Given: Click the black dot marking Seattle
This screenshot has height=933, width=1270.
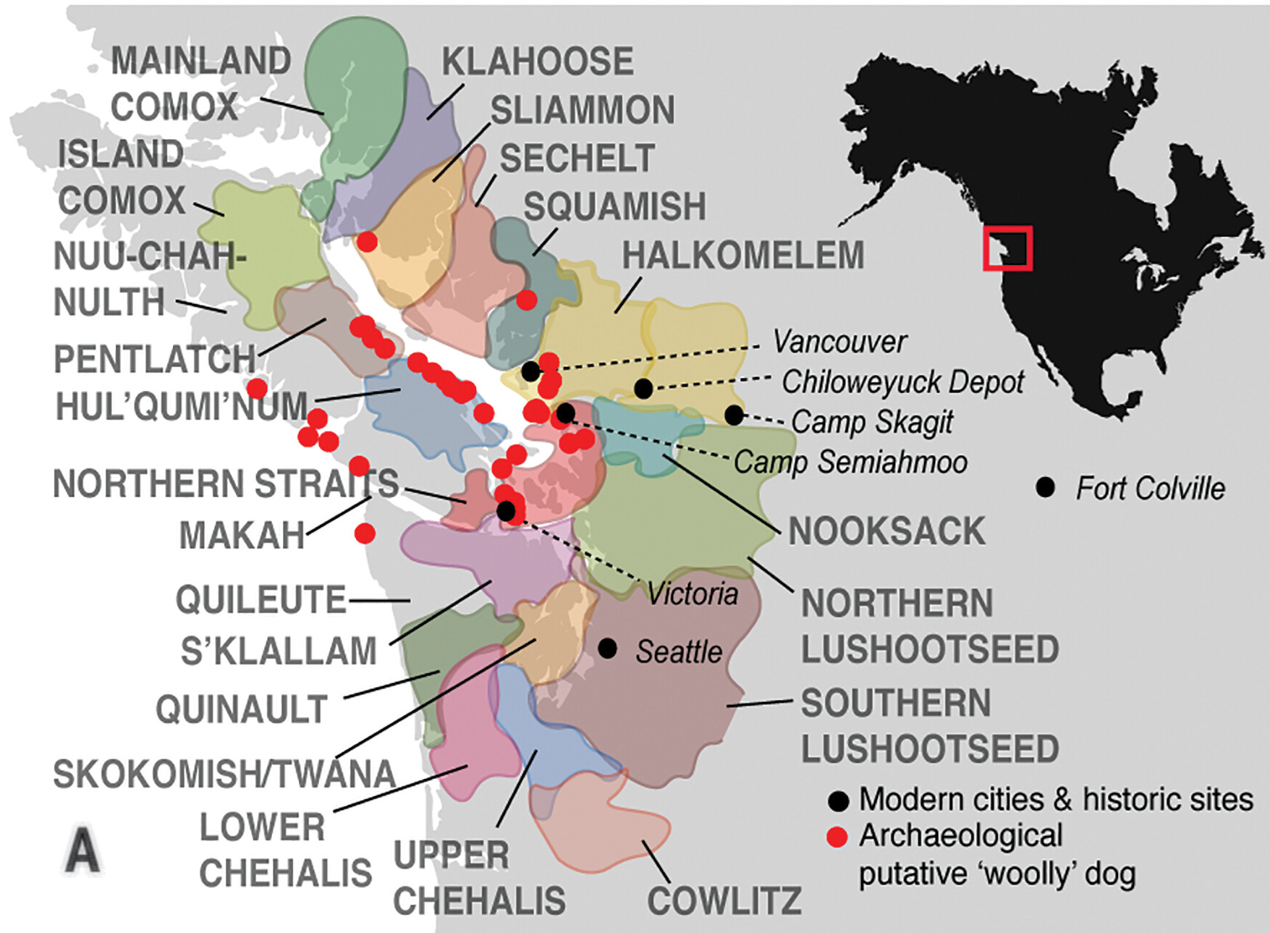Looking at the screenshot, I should coord(608,649).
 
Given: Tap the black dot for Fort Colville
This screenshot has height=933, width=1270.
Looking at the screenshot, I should coord(1045,487).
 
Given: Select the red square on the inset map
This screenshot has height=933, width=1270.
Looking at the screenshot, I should coord(1007,248).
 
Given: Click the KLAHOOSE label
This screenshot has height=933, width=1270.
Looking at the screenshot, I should coord(538,62).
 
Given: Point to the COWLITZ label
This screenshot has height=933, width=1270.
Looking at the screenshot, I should coord(724,901).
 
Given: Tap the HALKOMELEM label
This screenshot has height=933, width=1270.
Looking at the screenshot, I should coord(743,256).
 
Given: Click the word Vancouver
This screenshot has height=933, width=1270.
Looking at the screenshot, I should coord(839,342).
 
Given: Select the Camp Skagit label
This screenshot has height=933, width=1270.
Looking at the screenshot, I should coord(872,421).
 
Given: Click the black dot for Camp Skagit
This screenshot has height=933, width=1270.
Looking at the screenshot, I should coord(734,415).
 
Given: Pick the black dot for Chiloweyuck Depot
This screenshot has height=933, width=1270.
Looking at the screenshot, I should coord(643,389).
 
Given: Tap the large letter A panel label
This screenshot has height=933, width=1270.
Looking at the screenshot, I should coord(82,852).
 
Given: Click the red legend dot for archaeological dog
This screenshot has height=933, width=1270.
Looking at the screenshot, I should coord(837,837).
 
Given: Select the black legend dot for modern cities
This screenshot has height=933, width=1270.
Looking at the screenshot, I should coord(838,801).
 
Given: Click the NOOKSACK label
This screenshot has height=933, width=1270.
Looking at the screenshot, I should coord(886,531).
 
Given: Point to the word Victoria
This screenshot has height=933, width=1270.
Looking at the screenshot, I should coord(693,594).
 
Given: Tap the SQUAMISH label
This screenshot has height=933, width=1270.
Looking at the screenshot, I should coord(614,207).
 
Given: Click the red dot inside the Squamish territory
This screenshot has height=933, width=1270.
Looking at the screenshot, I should coord(527,300).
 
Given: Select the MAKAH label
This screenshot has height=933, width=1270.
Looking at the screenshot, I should coord(242,536).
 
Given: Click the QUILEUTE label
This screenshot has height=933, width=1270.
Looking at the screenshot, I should coord(261,600).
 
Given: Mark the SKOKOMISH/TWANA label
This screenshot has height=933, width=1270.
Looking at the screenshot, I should coord(224,774).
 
